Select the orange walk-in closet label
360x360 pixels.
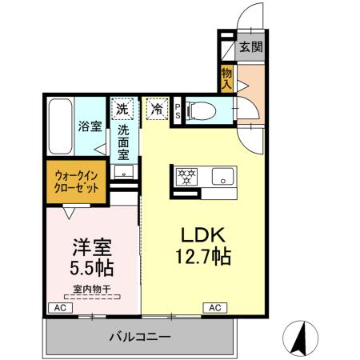[78, 180]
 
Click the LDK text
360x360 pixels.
[205, 237]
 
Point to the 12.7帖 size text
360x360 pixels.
[205, 259]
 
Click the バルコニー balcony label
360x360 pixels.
[140, 337]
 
